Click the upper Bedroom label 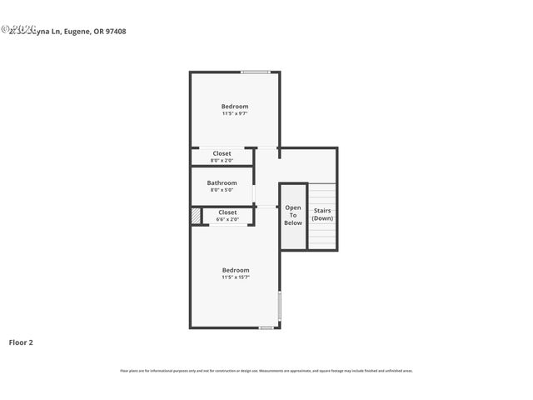[x=234, y=107]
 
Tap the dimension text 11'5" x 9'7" [x=234, y=113]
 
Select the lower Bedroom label [x=235, y=270]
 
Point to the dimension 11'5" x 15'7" [x=235, y=277]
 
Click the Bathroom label [x=222, y=182]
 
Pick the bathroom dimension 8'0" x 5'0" [x=222, y=190]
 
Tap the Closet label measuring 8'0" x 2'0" [x=222, y=153]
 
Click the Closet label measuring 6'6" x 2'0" [x=227, y=212]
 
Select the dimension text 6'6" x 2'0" [x=227, y=219]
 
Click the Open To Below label [x=293, y=215]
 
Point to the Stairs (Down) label [x=322, y=214]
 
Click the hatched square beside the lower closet [x=196, y=216]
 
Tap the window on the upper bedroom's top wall [x=256, y=72]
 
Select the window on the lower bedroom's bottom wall [x=266, y=327]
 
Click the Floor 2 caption [x=21, y=342]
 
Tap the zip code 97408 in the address [x=115, y=32]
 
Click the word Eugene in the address [x=73, y=32]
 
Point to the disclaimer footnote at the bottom [x=266, y=371]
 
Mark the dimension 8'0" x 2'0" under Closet [x=222, y=160]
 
